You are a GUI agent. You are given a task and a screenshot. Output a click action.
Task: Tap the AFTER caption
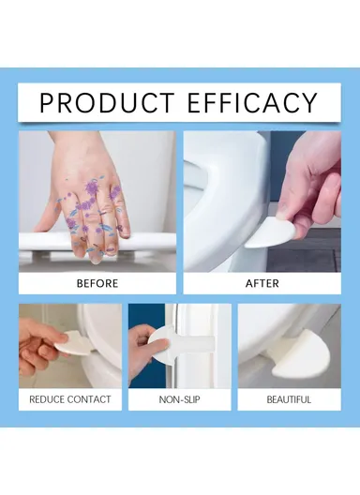coord(262,282)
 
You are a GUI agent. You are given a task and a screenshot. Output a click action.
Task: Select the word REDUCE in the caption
coord(49,399)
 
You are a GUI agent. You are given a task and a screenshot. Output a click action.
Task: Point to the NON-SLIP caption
coord(180,399)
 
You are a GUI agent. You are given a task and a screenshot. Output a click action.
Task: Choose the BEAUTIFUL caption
coord(288,399)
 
